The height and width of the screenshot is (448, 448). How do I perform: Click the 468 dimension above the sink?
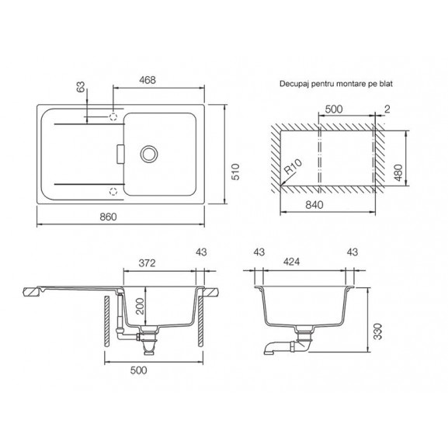tap(148, 80)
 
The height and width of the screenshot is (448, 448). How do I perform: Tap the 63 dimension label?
tap(81, 87)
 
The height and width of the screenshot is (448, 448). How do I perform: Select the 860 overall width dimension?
tap(108, 217)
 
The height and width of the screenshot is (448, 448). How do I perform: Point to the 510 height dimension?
tap(235, 172)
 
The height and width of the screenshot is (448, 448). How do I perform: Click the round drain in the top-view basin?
tap(149, 154)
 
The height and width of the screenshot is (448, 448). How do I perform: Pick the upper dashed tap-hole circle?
tap(113, 116)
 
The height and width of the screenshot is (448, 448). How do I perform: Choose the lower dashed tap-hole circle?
tap(113, 191)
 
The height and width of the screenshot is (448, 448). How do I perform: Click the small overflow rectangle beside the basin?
tap(120, 155)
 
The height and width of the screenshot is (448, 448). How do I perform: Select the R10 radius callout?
tap(293, 167)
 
